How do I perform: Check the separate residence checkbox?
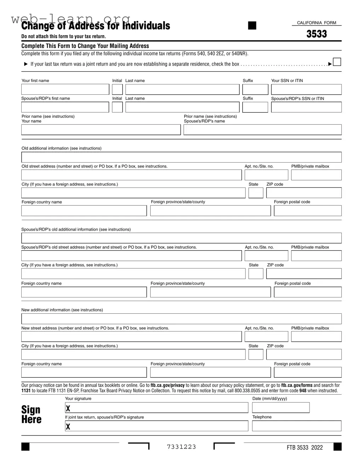(337, 62)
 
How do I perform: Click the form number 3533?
(316, 34)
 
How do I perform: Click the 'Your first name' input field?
(65, 89)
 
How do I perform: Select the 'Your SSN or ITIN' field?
(306, 89)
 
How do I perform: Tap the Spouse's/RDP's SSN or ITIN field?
(306, 107)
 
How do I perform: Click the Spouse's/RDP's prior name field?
(262, 130)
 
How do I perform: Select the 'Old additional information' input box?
(181, 157)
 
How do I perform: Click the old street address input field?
(131, 175)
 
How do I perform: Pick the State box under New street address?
(256, 354)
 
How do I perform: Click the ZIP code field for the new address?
(304, 354)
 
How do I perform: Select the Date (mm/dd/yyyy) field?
(281, 408)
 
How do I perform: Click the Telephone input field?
(296, 426)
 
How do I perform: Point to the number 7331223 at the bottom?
(181, 447)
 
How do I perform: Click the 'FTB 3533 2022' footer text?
(305, 448)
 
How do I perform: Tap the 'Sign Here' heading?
(31, 415)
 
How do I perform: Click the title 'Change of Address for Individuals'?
(96, 26)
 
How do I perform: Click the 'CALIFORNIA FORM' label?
(316, 23)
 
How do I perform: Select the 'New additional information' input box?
(181, 319)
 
